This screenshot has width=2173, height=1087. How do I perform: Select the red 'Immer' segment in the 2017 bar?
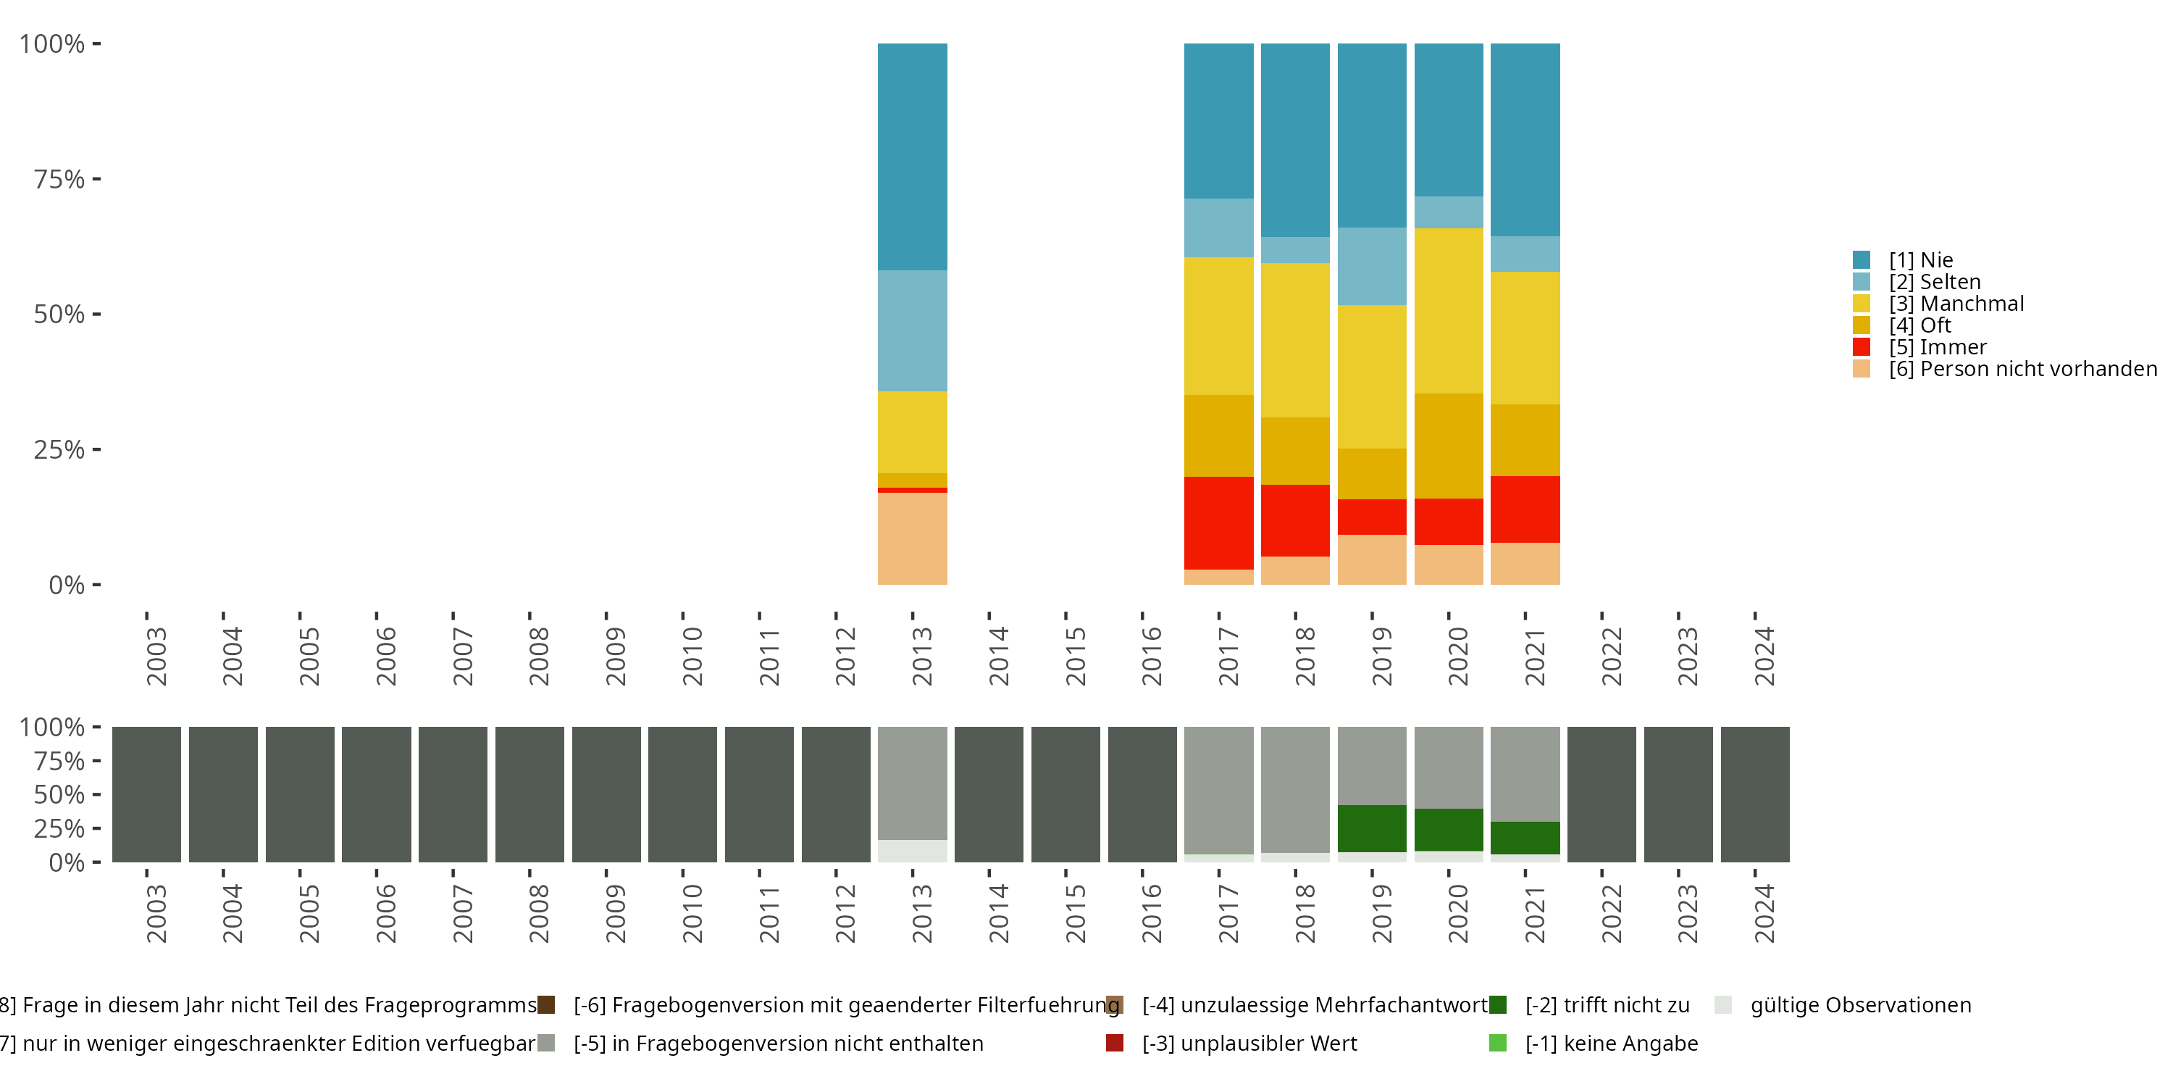click(1218, 522)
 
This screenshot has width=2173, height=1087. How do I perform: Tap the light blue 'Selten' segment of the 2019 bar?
click(1372, 266)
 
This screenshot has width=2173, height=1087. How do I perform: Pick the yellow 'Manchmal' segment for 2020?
click(1449, 311)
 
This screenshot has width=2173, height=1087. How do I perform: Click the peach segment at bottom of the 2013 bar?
click(912, 538)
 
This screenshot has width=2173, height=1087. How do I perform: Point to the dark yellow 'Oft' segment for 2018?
click(1295, 451)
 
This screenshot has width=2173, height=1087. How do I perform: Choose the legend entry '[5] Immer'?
click(1937, 347)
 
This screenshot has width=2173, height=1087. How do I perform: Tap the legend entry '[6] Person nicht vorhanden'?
click(2020, 369)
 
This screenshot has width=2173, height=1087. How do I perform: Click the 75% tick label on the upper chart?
click(59, 179)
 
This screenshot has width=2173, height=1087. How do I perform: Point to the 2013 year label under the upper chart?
click(921, 656)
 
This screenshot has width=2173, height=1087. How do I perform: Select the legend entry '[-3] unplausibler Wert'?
click(1249, 1043)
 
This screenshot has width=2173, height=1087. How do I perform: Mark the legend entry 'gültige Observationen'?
click(1859, 1005)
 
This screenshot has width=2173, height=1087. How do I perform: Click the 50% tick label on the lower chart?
click(59, 794)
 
